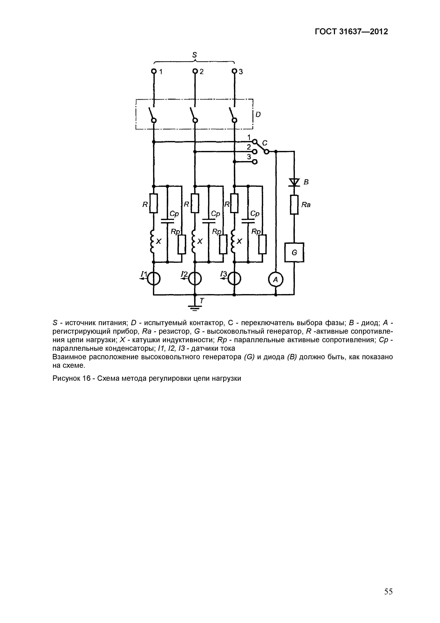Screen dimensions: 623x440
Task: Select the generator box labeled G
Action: (x=294, y=252)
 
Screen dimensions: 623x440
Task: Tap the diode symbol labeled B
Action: (x=294, y=182)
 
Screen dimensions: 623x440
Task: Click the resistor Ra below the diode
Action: (x=294, y=205)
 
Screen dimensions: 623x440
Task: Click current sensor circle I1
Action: (x=153, y=279)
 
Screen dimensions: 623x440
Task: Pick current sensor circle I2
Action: (x=195, y=279)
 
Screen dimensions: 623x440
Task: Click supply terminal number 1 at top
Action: (x=154, y=71)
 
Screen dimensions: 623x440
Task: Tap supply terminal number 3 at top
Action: (x=235, y=71)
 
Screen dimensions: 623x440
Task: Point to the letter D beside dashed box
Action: (x=258, y=115)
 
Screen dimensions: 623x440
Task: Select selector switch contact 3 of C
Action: (x=255, y=162)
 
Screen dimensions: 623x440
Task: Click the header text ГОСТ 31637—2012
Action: (x=351, y=32)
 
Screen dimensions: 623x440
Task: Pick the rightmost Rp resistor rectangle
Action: (x=262, y=244)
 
